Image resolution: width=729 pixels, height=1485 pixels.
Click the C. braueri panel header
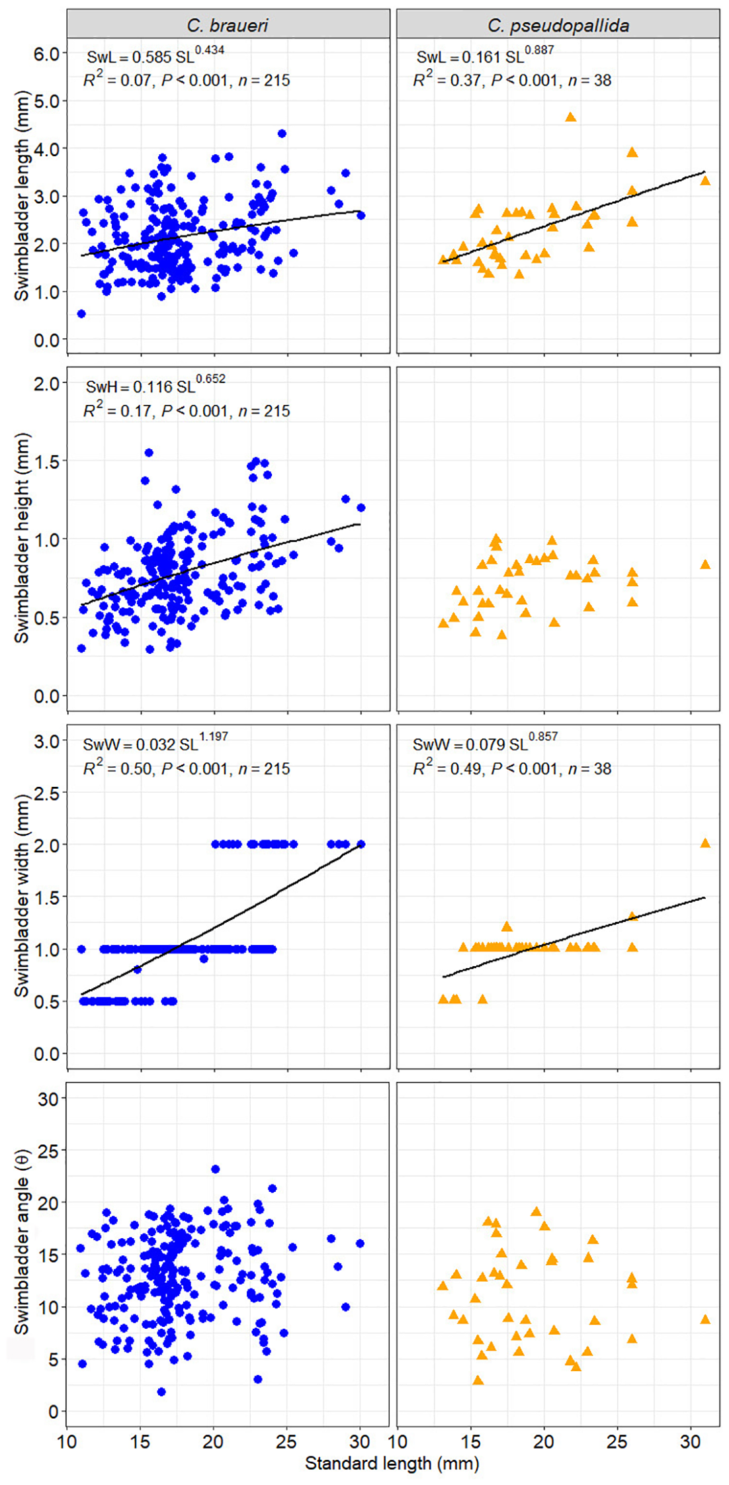[228, 25]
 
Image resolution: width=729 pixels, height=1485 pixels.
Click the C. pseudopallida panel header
[558, 25]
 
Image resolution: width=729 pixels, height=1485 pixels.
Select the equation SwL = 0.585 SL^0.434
[155, 56]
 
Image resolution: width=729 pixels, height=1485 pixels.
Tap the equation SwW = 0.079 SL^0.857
[484, 743]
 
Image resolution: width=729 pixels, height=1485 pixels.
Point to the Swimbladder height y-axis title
[22, 537]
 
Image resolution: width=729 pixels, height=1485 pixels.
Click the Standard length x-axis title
[392, 1463]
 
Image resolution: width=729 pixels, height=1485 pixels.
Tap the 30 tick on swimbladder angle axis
[48, 1099]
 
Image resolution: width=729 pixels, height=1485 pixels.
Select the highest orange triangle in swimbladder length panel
[570, 117]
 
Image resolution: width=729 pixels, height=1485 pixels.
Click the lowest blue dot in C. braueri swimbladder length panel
[81, 314]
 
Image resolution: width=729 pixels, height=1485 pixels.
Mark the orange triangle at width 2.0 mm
[705, 843]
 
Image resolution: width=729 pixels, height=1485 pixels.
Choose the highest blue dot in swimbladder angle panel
[215, 1169]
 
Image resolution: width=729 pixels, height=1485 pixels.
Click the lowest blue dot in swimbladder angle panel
[161, 1392]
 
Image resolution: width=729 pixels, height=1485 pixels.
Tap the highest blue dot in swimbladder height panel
[149, 453]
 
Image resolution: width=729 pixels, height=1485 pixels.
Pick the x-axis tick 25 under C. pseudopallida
[617, 1441]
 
